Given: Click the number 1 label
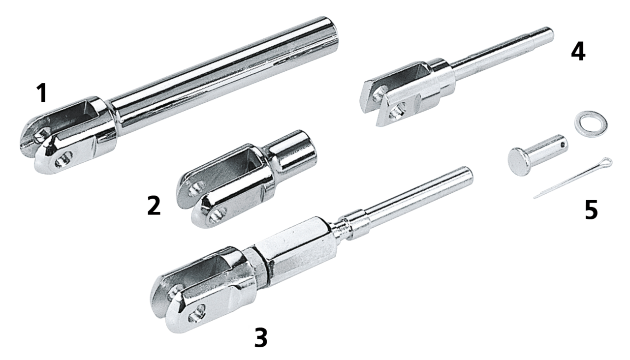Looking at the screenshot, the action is coord(42,93).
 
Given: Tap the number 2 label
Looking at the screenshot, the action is coord(154,206).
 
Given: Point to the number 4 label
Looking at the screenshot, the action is coord(578,52).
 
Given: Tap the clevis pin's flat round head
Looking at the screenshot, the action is coord(517,162).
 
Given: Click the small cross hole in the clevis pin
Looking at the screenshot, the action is coord(562,145).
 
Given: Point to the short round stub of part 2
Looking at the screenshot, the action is coord(292,152).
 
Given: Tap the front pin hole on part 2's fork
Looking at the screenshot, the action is coord(218,214).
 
